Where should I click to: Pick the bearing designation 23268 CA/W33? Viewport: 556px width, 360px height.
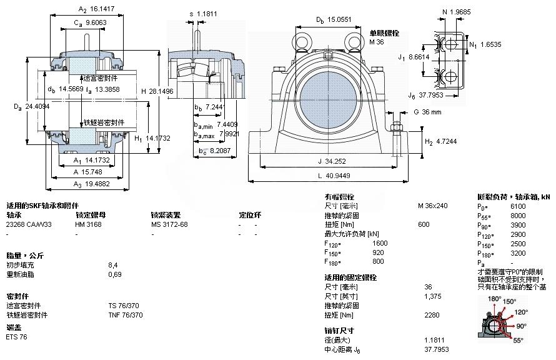[x=29, y=224]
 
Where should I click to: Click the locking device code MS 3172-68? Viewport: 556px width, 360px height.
[x=169, y=224]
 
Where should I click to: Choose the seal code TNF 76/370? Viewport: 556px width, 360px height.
[x=126, y=315]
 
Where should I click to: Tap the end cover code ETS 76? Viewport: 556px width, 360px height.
[x=16, y=337]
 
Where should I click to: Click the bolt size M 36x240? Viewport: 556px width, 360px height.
[x=432, y=206]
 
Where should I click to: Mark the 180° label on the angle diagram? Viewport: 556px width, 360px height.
[x=495, y=299]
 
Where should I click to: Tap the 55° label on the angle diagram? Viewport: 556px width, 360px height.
[x=518, y=341]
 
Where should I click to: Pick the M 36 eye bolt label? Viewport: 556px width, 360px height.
[x=377, y=42]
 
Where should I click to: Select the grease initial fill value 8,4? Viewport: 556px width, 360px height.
[x=112, y=265]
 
